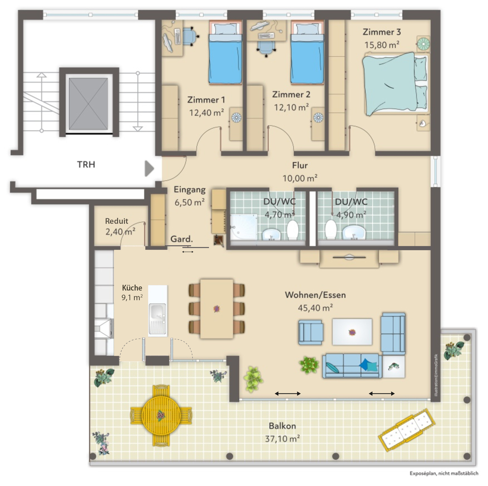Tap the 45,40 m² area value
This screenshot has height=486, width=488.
(315, 308)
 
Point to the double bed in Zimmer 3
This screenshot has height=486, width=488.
(394, 83)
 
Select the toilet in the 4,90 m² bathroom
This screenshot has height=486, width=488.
(330, 230)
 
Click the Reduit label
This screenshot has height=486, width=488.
(116, 221)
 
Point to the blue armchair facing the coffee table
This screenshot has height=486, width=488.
(310, 332)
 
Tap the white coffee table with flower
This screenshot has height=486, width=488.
(352, 332)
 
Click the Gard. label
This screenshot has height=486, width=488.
(181, 239)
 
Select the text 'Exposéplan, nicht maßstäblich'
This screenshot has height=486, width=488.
(444, 473)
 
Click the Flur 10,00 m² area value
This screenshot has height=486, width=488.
(300, 178)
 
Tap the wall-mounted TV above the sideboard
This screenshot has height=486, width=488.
(349, 257)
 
